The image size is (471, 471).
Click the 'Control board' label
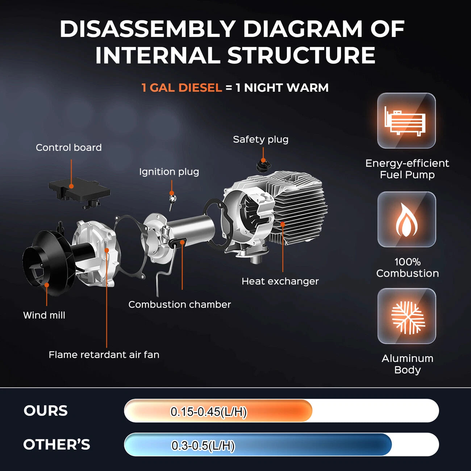[69, 147]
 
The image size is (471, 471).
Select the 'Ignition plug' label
[169, 172]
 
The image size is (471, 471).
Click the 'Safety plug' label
[260, 139]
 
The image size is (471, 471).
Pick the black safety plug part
[263, 165]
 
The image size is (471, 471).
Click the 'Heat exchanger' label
[280, 281]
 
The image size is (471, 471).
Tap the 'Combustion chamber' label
[180, 305]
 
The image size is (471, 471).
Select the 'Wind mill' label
[44, 315]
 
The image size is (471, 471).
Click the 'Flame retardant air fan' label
[104, 355]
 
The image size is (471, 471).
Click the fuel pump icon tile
[407, 121]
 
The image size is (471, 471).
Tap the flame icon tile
[407, 219]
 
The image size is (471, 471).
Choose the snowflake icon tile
[407, 316]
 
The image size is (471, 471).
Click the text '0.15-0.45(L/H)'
[208, 412]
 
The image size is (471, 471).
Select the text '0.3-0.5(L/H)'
[203, 445]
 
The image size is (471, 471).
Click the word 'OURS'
[46, 410]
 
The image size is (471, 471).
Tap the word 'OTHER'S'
[57, 444]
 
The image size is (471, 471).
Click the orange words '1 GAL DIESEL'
[182, 88]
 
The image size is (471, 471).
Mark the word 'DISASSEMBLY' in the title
[148, 29]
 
